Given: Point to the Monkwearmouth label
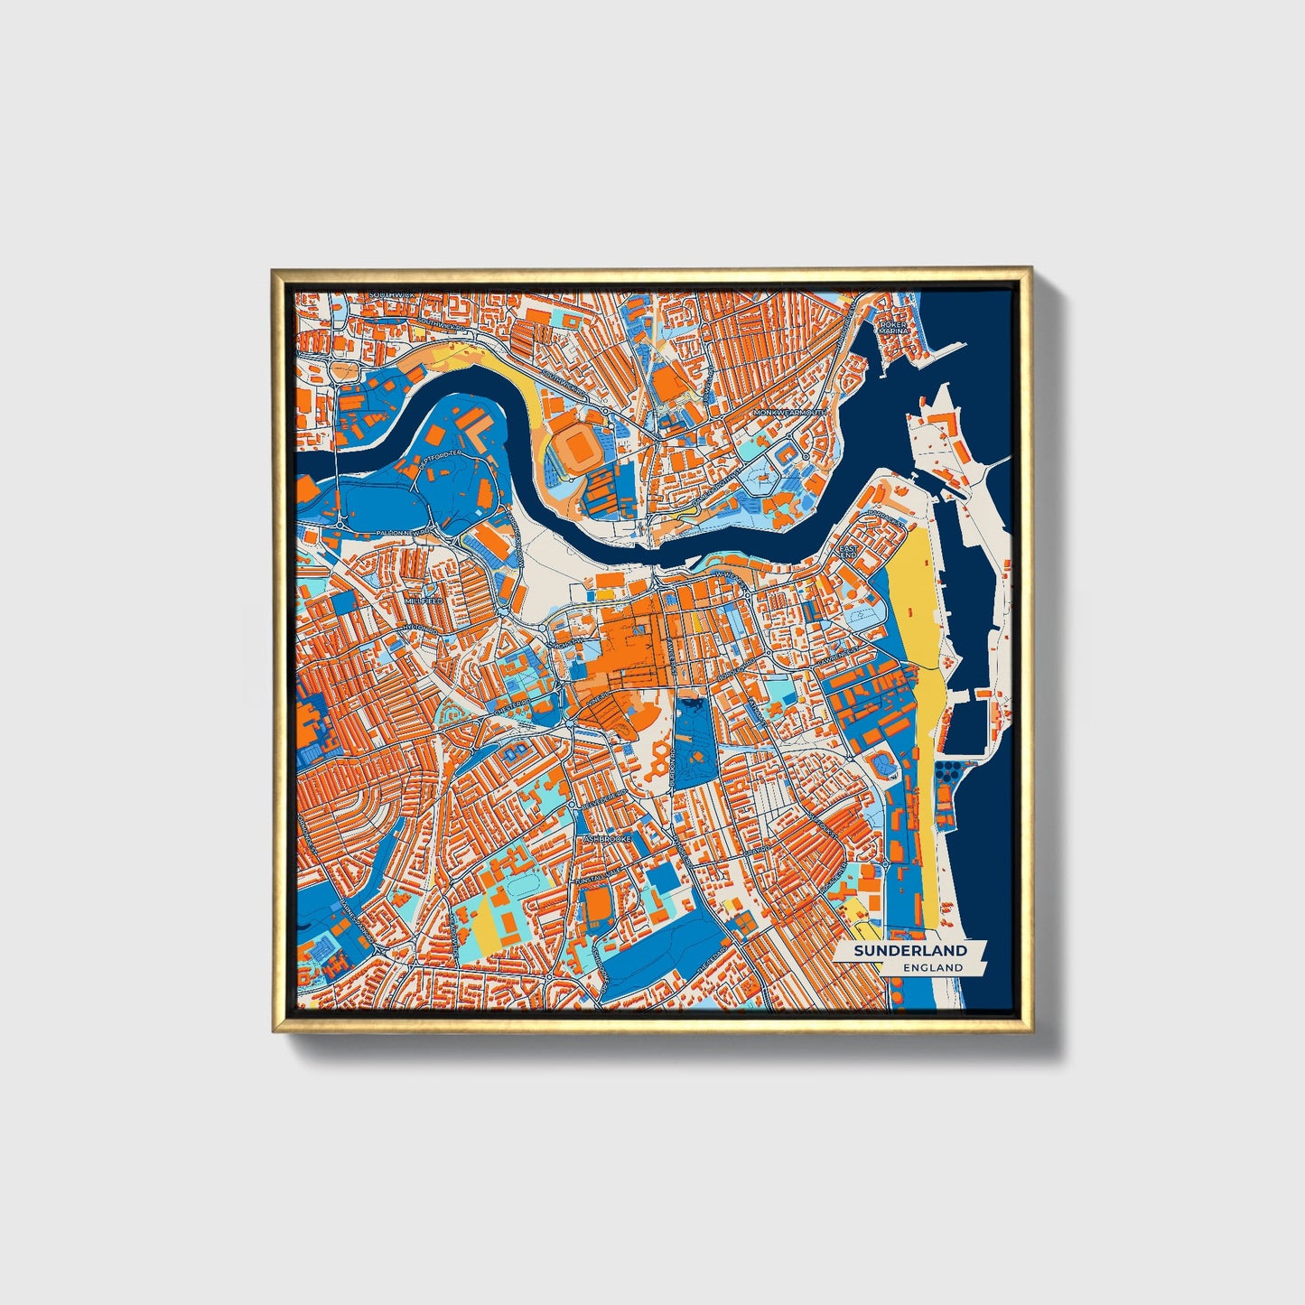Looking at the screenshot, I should tap(791, 412).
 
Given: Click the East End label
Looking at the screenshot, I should tap(848, 551).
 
